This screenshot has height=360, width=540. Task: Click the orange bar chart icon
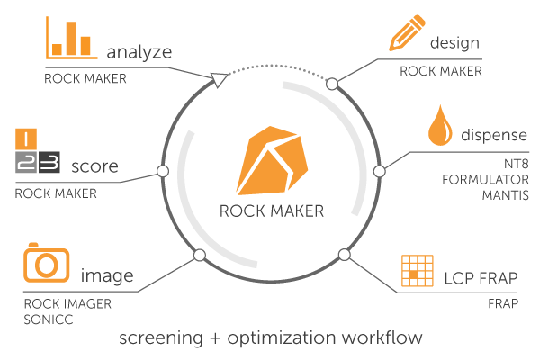[72, 38]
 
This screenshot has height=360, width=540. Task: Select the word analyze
[139, 53]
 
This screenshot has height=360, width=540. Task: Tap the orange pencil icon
[407, 32]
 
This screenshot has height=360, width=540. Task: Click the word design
[454, 43]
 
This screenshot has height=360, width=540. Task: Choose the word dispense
[494, 135]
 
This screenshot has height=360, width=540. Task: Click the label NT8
[516, 164]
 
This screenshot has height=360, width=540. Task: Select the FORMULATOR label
[485, 179]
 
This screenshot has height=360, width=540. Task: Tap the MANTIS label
[505, 195]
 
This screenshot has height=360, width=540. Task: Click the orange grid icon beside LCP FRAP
[418, 271]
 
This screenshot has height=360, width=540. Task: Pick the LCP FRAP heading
[481, 278]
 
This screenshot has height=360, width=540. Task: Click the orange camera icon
[47, 263]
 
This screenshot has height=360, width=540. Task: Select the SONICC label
[49, 319]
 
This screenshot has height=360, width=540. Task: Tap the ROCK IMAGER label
[67, 304]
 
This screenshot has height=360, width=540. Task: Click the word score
[94, 166]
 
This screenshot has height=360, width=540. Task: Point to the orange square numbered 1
[26, 139]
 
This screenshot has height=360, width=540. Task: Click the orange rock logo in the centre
[272, 161]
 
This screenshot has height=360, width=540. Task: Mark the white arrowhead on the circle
[219, 80]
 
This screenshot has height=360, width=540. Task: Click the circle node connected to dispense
[379, 171]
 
